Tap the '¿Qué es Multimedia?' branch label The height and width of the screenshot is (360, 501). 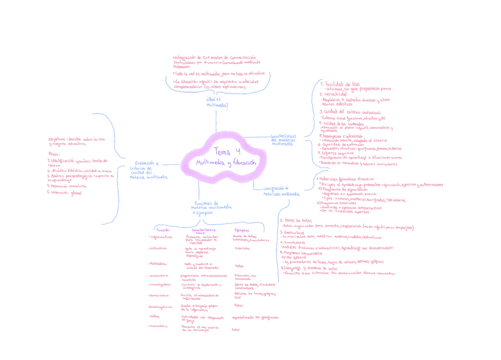click(216, 102)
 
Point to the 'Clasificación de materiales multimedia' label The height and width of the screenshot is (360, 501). click(281, 191)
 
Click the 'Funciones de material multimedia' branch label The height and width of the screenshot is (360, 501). click(211, 207)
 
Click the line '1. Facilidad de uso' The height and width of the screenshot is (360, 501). click(339, 84)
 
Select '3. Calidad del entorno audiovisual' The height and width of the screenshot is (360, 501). click(350, 111)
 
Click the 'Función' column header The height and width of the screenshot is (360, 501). click(162, 229)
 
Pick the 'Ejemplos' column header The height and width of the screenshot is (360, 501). click(242, 229)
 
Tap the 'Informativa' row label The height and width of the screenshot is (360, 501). click(161, 237)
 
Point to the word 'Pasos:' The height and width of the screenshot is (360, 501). click(54, 154)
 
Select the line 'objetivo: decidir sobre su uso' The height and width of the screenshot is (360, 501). click(77, 139)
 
